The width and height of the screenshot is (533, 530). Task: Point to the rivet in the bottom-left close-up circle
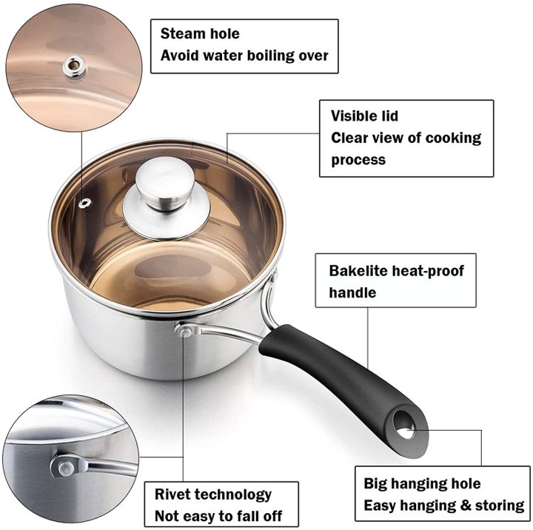pyautogui.click(x=61, y=466)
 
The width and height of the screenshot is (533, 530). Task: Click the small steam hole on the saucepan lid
pyautogui.click(x=87, y=201)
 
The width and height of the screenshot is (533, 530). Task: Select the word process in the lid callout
pyautogui.click(x=358, y=160)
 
